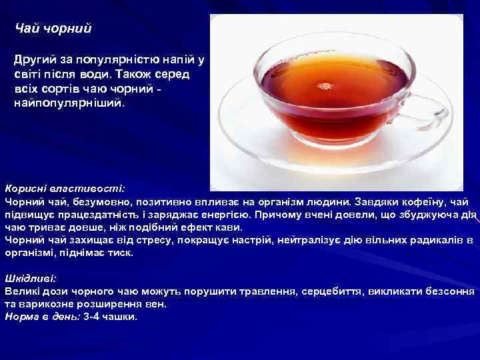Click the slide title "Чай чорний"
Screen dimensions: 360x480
[x=53, y=29]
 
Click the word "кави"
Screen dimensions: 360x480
[x=231, y=227]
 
